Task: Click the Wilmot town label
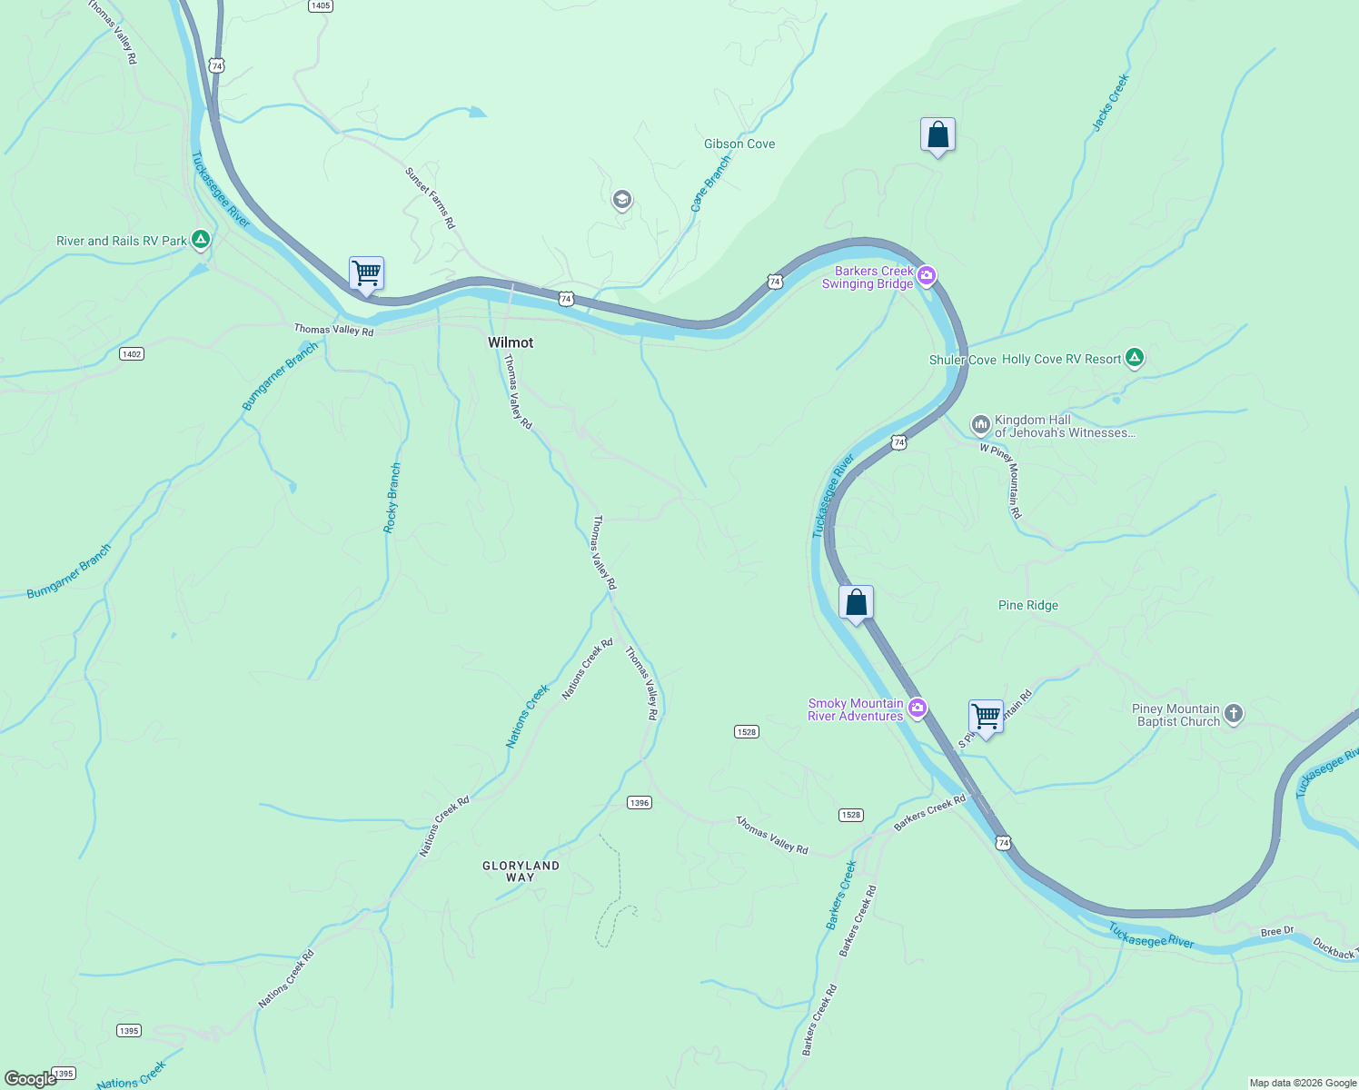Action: tap(511, 342)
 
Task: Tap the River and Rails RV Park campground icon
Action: tap(201, 241)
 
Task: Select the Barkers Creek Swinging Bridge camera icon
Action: tap(926, 276)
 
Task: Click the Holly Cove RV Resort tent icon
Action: tap(1134, 358)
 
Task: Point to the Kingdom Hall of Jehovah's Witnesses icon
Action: tap(980, 424)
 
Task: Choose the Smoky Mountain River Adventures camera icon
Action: tap(918, 708)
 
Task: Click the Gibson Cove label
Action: tap(739, 144)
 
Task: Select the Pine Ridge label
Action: tap(1027, 605)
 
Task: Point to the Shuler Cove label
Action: tap(962, 360)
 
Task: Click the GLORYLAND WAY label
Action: tap(521, 871)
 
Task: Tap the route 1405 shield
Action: tap(320, 5)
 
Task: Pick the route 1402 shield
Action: tap(132, 353)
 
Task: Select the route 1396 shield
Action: tap(640, 803)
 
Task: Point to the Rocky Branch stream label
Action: tap(392, 498)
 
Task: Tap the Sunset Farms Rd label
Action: tap(430, 197)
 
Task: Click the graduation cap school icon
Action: tap(622, 200)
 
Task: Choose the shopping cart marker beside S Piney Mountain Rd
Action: tap(986, 717)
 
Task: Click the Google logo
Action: tap(30, 1079)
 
